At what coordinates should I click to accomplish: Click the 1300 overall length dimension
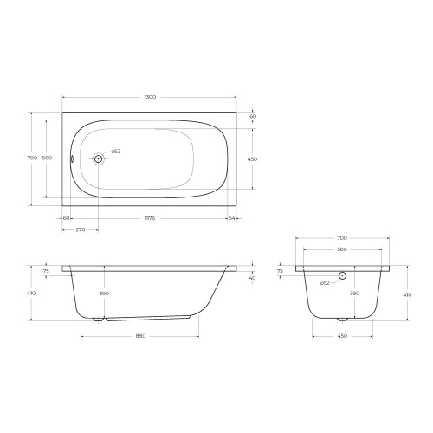(150, 97)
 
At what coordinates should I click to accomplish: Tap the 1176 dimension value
(150, 218)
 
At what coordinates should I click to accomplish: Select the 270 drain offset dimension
(81, 229)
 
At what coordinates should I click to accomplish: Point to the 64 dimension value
(231, 218)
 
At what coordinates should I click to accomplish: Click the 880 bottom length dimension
(140, 336)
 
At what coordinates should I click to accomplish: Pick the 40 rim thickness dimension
(252, 278)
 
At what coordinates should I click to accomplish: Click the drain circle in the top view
(98, 158)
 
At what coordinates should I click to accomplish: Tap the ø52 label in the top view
(115, 152)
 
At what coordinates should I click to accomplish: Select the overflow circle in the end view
(342, 275)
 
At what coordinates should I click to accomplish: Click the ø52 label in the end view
(325, 283)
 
